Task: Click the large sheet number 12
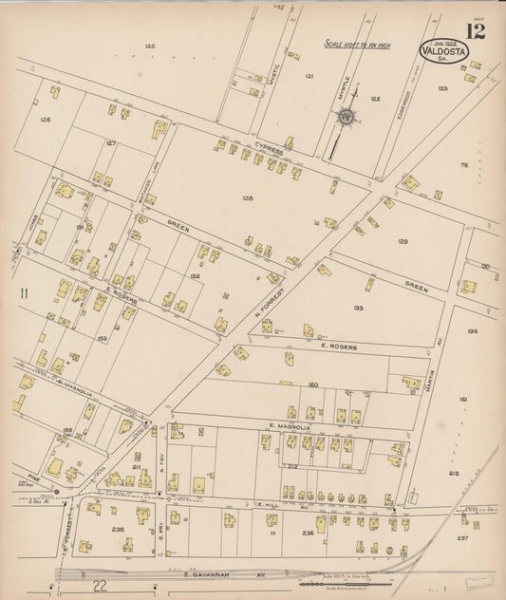(x=476, y=31)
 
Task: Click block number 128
(x=248, y=197)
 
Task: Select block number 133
(x=357, y=309)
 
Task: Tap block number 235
(x=118, y=530)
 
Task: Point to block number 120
(x=149, y=47)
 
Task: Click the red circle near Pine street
(x=57, y=492)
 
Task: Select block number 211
(x=136, y=466)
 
